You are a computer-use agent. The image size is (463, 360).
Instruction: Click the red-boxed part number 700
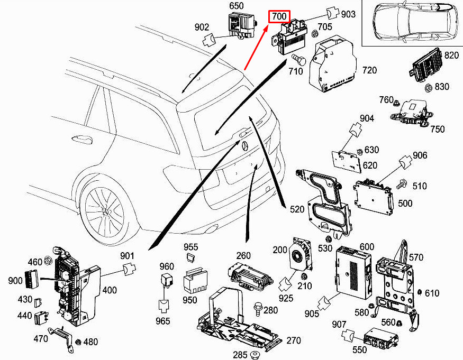(x=279, y=16)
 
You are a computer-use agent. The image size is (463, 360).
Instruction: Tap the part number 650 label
(x=236, y=6)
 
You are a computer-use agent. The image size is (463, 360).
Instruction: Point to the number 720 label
(x=369, y=70)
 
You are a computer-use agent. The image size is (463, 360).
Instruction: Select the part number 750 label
(x=437, y=129)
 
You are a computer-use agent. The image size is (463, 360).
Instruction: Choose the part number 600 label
(x=367, y=247)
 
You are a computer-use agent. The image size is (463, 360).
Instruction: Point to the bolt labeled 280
(x=260, y=307)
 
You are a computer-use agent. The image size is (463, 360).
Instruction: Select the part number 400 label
(x=110, y=290)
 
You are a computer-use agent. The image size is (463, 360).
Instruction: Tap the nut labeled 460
(x=48, y=260)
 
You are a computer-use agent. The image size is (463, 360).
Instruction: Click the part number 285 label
(x=240, y=354)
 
